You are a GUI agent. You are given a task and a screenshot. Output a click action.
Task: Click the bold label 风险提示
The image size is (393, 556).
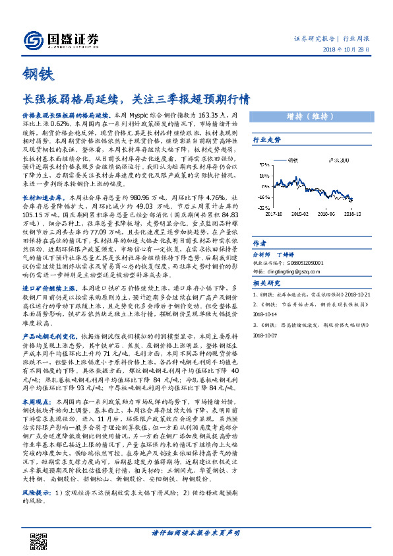click(37, 492)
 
